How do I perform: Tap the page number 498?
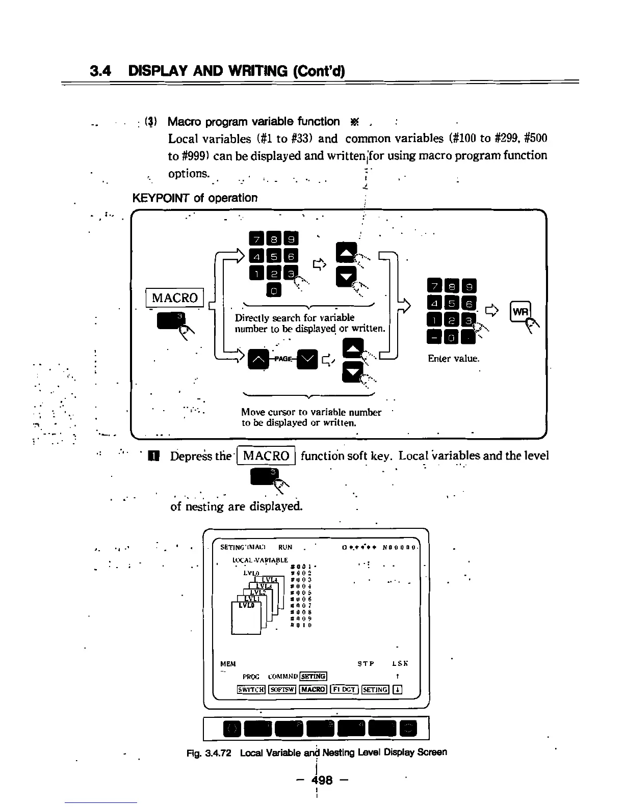pos(323,780)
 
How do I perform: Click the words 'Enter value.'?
pos(453,359)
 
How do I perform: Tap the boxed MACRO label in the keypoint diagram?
pos(175,298)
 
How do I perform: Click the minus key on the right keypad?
pos(434,337)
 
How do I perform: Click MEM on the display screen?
pos(228,664)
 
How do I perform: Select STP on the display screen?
pos(366,664)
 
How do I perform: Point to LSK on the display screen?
pos(400,664)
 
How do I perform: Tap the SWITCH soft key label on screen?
pos(251,690)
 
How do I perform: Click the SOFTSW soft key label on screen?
pos(282,690)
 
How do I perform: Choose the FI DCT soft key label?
pos(344,690)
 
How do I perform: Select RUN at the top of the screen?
pos(285,547)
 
